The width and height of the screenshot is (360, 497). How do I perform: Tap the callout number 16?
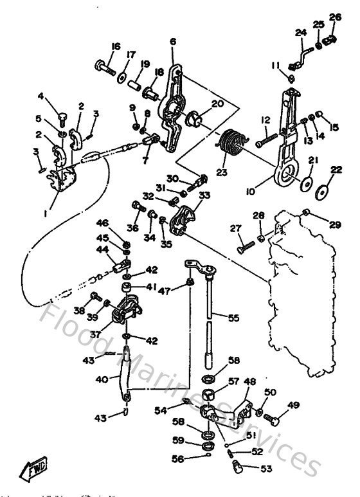pos(116,46)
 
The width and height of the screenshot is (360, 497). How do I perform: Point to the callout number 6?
pos(173,42)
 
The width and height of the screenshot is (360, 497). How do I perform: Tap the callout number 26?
pos(335,17)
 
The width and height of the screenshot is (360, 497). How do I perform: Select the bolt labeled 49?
pos(274,421)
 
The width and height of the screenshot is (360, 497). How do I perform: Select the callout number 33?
pos(205,195)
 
